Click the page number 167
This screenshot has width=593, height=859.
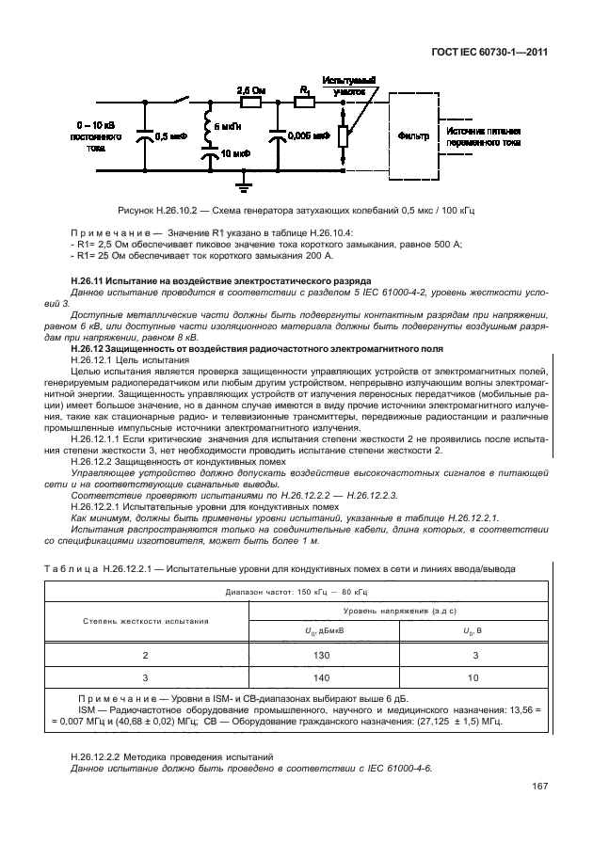[539, 787]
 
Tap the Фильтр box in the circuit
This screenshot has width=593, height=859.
[416, 136]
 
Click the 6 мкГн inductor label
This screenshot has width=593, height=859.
[229, 126]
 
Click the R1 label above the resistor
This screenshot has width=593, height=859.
[303, 88]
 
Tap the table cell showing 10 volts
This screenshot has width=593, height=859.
[473, 676]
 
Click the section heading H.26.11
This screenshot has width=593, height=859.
[221, 281]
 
